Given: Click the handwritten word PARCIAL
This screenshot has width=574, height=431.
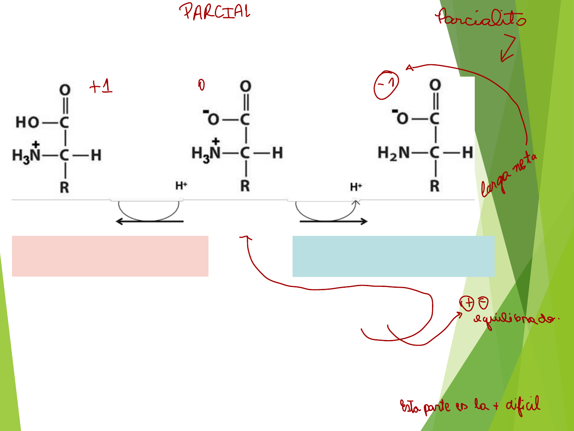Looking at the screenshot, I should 215,12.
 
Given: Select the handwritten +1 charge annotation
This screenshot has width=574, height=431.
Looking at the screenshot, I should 101,86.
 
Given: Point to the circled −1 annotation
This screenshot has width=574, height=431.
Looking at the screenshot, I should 386,85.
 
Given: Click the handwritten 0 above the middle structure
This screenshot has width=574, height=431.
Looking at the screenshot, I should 201,85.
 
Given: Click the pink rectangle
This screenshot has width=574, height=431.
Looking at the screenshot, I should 110,256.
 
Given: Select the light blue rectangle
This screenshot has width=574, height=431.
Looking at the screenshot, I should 393,256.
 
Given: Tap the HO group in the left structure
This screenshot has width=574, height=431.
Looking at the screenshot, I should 27,122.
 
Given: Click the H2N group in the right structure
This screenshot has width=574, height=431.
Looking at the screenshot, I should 393,152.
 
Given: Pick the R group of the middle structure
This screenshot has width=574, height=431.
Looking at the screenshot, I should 245,186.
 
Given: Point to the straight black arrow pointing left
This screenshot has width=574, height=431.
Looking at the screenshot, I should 149,221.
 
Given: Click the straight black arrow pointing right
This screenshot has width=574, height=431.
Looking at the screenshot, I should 333,221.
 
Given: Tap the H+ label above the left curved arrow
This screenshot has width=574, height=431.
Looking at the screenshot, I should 181,186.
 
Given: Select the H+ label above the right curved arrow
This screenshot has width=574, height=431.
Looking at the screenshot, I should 356,187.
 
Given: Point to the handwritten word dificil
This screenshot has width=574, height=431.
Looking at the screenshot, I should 523,405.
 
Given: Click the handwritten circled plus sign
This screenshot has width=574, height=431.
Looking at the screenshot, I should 467,303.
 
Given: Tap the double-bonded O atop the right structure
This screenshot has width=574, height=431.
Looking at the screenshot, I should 435,85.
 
